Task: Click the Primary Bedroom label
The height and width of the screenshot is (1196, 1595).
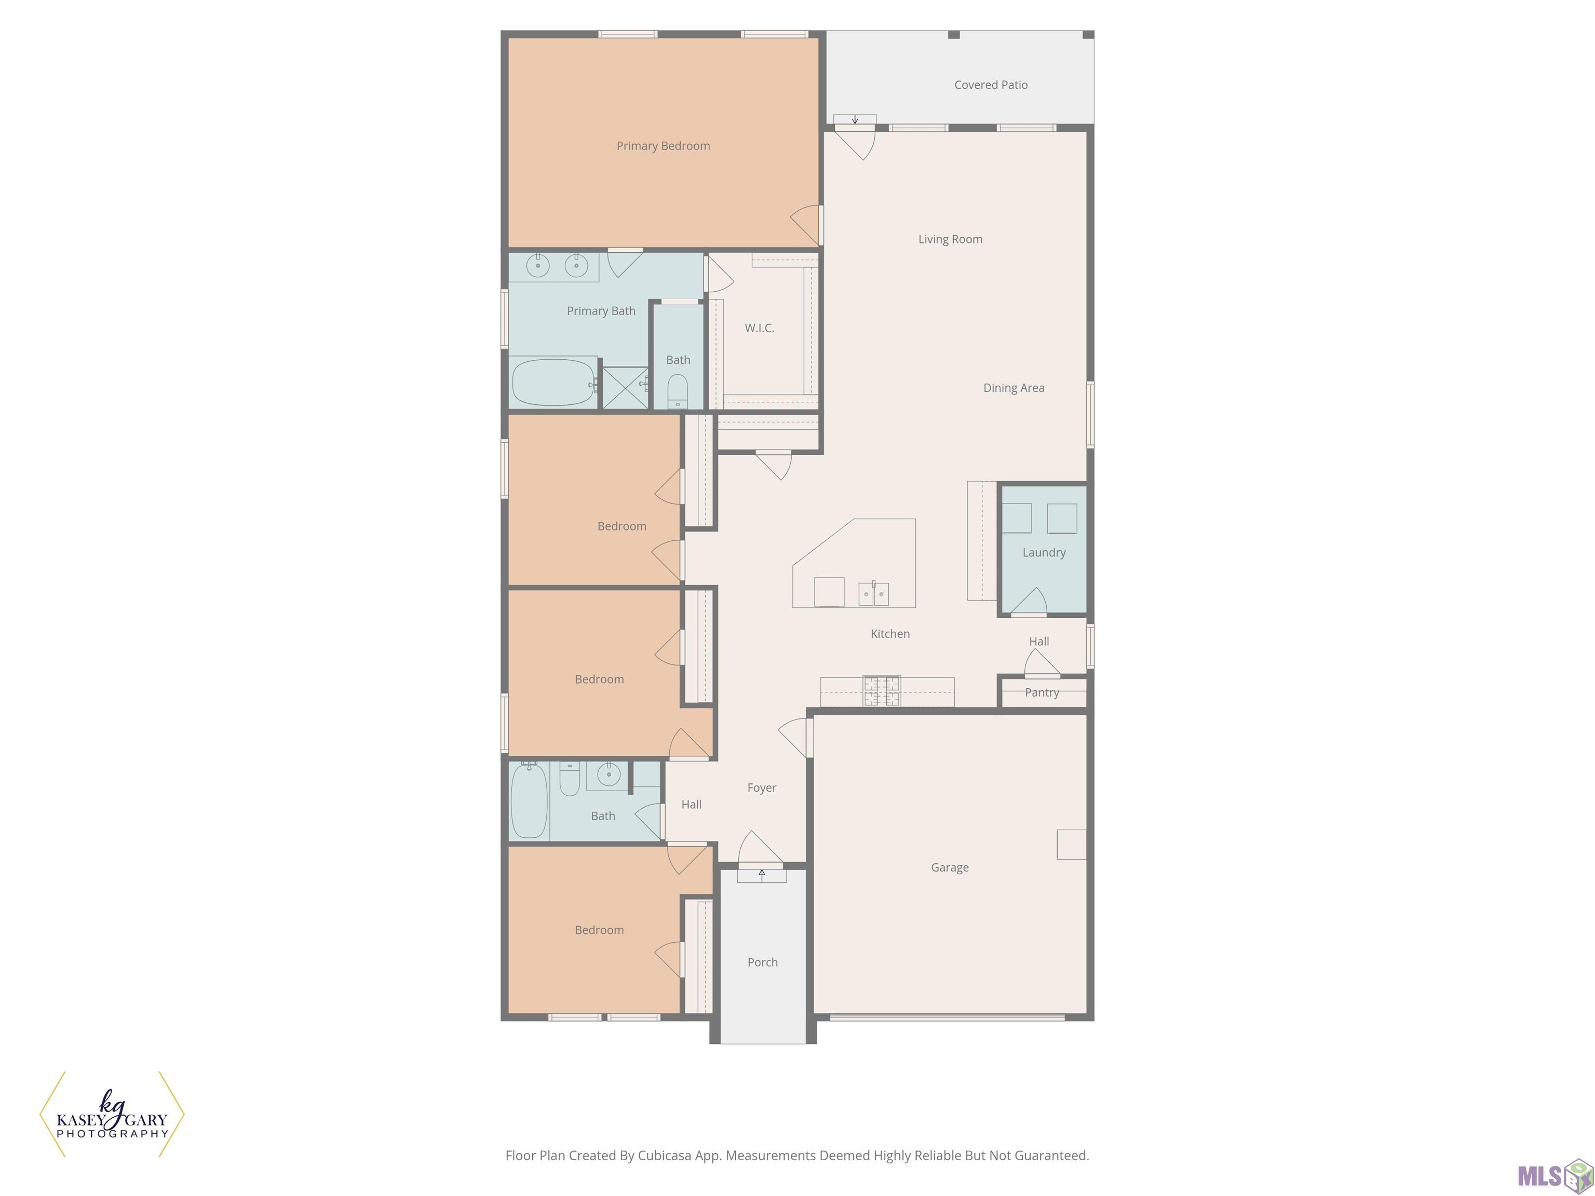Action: click(663, 146)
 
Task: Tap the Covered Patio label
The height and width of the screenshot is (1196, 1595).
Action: click(991, 85)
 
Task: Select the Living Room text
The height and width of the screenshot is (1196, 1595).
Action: click(950, 239)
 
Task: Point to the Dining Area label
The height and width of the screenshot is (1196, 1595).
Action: click(1013, 388)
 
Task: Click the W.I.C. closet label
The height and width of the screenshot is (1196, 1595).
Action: click(759, 328)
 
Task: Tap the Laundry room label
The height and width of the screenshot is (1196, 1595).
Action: click(1044, 553)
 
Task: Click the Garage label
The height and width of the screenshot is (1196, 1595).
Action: click(950, 868)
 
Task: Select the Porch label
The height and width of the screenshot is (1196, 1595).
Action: click(762, 962)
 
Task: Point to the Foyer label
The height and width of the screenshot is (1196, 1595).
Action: click(762, 788)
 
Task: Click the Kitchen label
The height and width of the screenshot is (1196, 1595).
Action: click(890, 634)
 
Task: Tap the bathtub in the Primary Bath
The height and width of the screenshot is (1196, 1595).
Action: click(553, 383)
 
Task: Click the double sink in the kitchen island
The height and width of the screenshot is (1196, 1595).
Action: click(873, 593)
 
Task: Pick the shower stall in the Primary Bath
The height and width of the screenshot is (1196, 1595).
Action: click(625, 388)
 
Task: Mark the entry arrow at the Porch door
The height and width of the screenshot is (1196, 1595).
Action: click(762, 875)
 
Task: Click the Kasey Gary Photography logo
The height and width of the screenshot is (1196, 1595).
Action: click(112, 1114)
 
